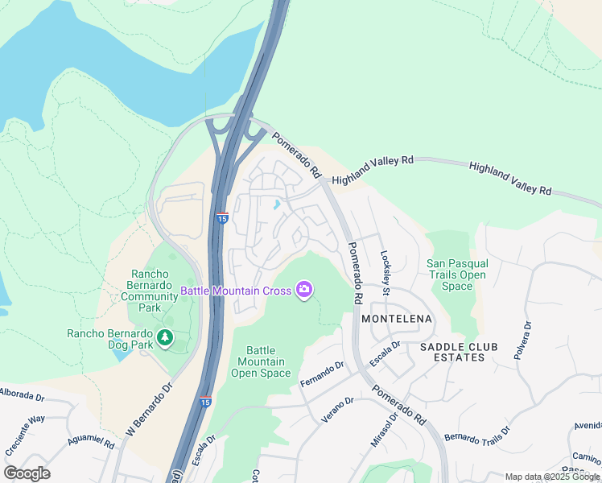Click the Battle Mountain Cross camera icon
pos(303,290)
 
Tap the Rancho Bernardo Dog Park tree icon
pos(166,337)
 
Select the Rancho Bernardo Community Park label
pos(150,291)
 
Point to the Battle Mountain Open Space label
pos(261,361)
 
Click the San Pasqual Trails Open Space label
pos(457,275)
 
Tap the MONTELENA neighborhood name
pos(397,319)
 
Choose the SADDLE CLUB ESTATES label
pos(459,352)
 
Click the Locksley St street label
pos(386,270)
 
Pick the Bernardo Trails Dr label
pos(477,443)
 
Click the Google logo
pos(27,473)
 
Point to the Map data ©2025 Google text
pos(552,477)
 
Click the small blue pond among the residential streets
pos(277,204)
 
